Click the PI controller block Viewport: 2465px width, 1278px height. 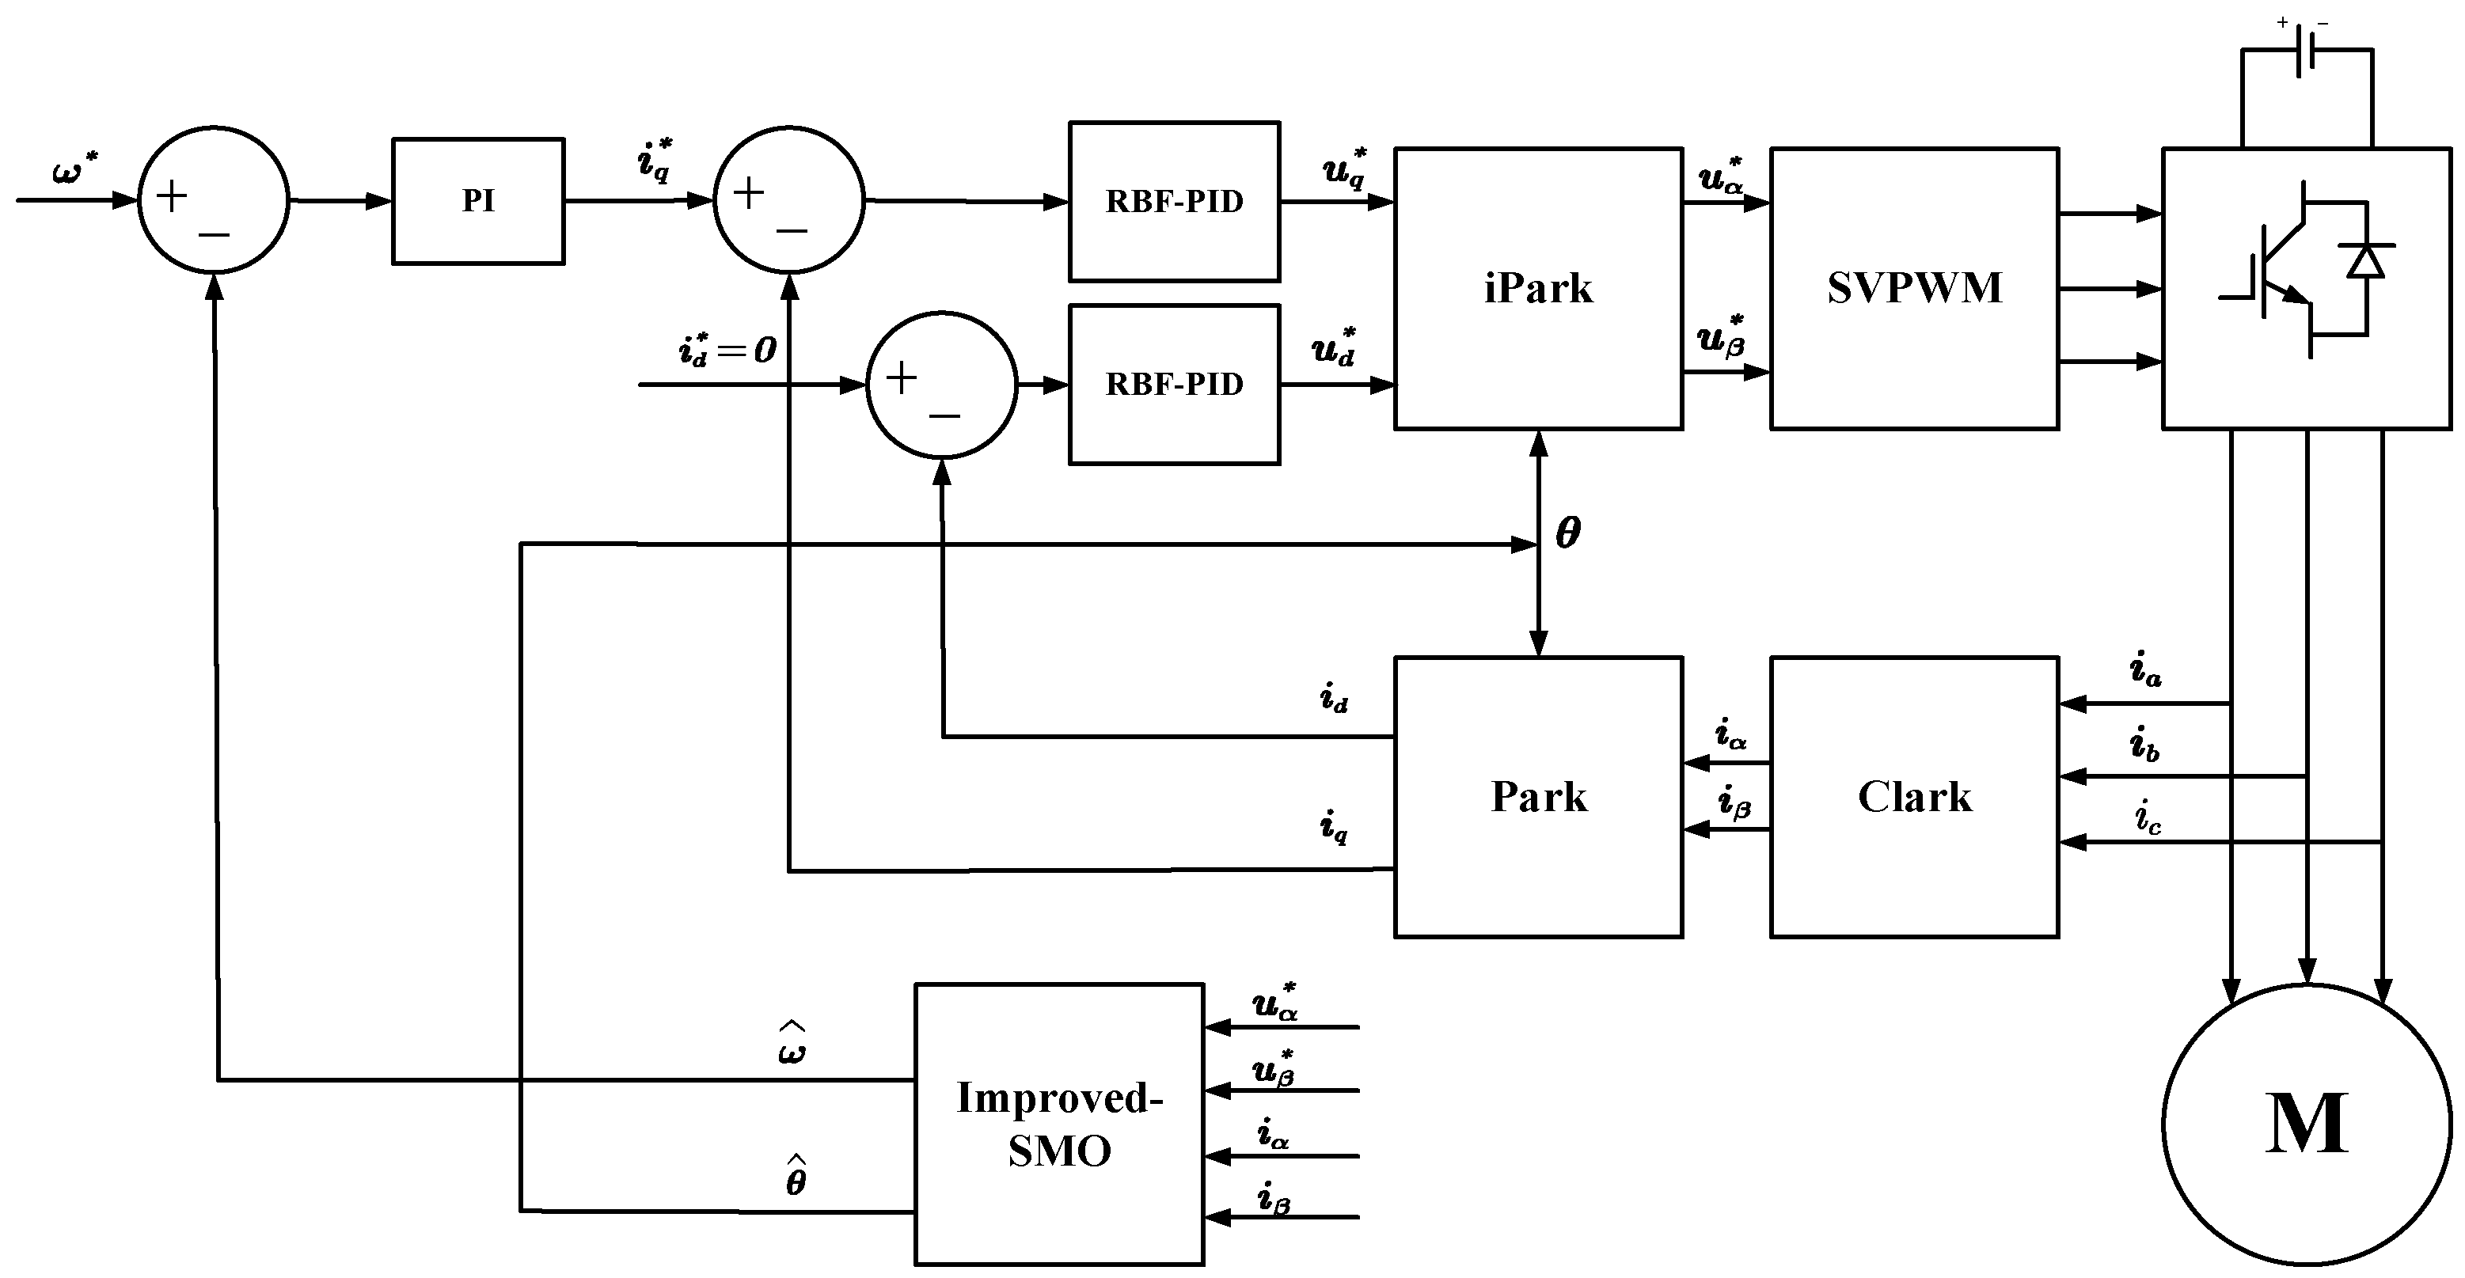[477, 201]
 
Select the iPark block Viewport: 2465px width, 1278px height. [1538, 288]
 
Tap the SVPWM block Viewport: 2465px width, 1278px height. [1914, 288]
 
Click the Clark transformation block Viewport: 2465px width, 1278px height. [1914, 797]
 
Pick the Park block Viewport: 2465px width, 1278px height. [1538, 797]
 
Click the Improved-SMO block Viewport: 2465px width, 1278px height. [1058, 1124]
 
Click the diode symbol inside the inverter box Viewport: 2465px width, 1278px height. [2366, 260]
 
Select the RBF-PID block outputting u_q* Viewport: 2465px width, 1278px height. [1174, 201]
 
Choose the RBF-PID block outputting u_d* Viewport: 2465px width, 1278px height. [1174, 384]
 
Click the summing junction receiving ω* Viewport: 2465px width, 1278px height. [214, 200]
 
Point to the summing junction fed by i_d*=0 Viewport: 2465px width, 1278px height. [942, 385]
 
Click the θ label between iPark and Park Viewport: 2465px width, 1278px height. [1567, 533]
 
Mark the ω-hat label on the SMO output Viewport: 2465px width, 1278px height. [792, 1045]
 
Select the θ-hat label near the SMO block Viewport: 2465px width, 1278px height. [796, 1178]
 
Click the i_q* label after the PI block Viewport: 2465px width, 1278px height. [655, 160]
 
